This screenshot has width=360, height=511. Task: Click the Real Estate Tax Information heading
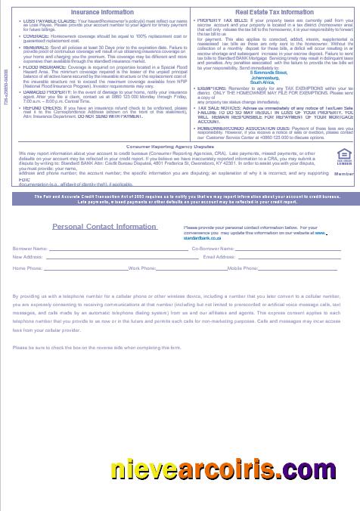pos(275,12)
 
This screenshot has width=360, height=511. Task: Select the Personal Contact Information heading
pos(104,227)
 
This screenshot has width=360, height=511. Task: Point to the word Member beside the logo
pos(344,174)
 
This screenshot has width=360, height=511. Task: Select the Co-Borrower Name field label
pos(212,248)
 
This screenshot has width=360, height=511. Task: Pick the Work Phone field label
pos(142,268)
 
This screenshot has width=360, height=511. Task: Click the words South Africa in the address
pos(262,102)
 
